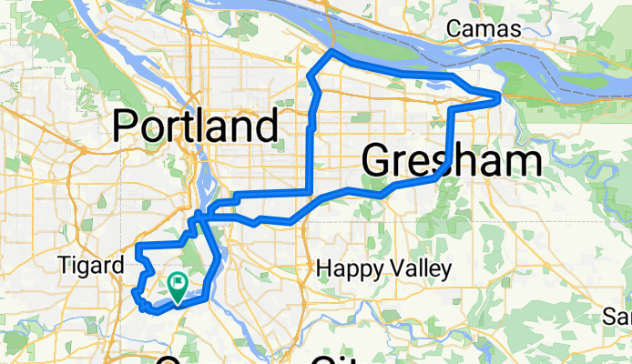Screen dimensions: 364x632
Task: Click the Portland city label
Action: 196,126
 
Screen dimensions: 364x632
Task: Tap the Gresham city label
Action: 452,161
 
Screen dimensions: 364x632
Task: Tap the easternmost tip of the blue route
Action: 499,96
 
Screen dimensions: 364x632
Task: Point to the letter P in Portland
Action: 127,126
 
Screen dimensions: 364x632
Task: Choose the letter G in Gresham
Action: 377,161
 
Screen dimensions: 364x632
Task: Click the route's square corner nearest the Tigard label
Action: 137,247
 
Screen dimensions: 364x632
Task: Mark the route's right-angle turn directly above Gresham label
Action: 451,106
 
